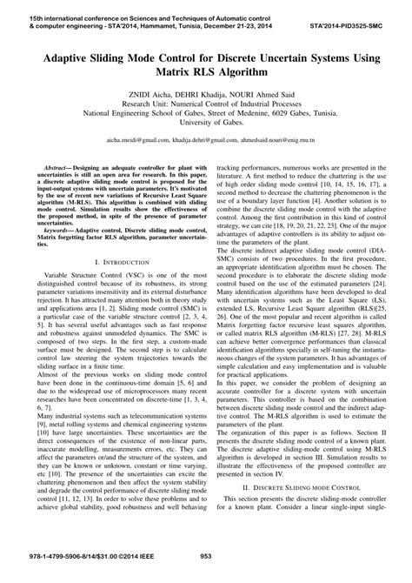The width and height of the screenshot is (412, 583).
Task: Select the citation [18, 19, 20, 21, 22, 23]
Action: (x=311, y=249)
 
